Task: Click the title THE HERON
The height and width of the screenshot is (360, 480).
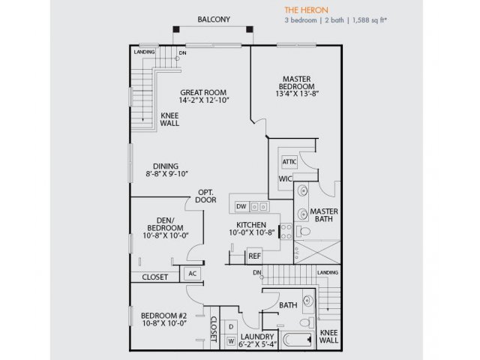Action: (306, 10)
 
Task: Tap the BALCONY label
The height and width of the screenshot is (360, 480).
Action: (214, 19)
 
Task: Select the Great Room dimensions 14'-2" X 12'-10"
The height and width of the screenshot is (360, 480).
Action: (204, 100)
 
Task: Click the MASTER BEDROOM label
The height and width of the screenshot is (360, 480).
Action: (297, 82)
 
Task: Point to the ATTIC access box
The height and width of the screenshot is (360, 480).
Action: (289, 162)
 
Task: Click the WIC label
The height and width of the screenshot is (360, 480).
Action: (285, 178)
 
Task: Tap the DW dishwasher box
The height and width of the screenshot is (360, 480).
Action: (241, 207)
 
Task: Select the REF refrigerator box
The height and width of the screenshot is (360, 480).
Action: (254, 256)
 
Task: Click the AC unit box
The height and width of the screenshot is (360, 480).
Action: (192, 273)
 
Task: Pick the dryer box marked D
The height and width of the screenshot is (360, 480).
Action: (231, 327)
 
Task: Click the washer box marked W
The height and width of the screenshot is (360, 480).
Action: (231, 341)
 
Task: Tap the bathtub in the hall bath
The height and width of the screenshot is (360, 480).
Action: (297, 340)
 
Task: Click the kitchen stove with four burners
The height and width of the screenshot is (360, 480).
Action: (286, 232)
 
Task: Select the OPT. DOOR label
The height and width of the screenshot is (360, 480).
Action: (205, 196)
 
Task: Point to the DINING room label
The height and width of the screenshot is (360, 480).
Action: (166, 166)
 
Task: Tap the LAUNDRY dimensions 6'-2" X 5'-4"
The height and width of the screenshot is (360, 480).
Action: (258, 344)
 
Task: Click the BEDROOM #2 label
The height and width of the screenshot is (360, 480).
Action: (163, 316)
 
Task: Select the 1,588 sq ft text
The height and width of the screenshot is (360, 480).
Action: (370, 20)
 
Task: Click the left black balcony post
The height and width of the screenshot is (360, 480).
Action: (176, 29)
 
